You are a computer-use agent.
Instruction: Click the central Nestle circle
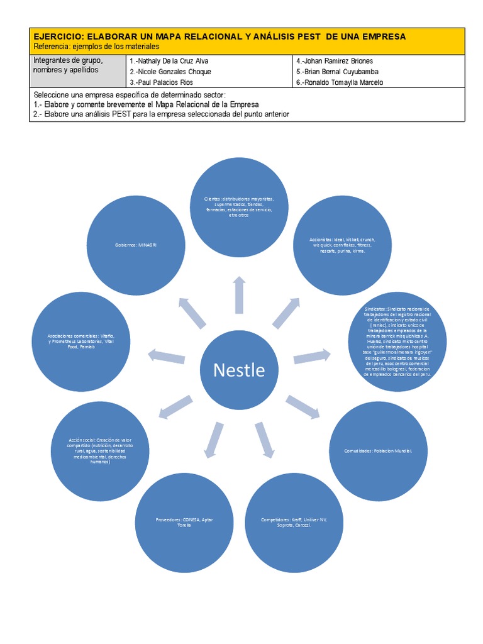(239, 369)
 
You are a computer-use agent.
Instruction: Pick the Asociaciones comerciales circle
(81, 342)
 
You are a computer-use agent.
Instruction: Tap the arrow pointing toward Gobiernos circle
(192, 311)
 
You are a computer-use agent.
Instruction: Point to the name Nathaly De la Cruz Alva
(169, 61)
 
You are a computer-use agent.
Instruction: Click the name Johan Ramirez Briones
(334, 61)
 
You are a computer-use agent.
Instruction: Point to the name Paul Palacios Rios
(162, 82)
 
